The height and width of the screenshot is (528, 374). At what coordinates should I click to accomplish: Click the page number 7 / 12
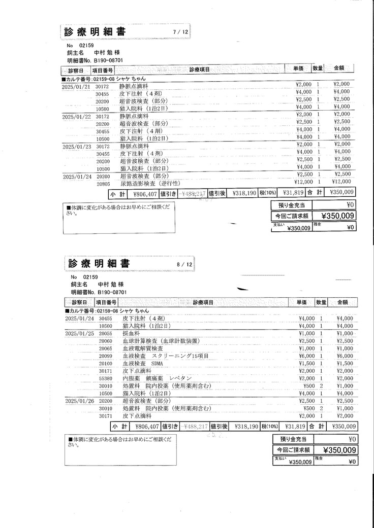(180, 32)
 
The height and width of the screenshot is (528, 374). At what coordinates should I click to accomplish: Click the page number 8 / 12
(184, 264)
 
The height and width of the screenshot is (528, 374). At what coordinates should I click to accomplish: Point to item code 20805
(103, 183)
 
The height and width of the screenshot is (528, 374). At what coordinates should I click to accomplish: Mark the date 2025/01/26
(80, 401)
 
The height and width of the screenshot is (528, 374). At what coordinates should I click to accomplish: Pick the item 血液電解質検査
(143, 349)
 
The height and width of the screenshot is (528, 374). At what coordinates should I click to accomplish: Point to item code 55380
(106, 378)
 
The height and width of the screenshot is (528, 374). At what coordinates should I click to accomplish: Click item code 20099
(106, 356)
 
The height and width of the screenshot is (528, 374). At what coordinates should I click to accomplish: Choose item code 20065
(106, 349)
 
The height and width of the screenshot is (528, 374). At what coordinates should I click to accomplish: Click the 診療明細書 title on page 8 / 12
(99, 264)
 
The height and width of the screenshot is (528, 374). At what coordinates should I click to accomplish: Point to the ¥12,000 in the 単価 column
(303, 182)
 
